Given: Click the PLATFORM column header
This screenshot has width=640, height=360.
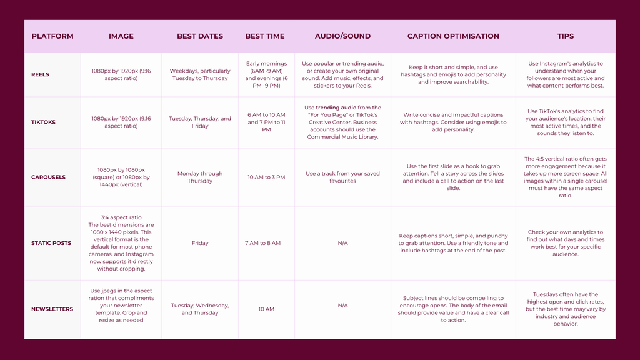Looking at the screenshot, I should pos(52,36).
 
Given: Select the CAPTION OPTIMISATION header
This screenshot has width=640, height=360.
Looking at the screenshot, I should pos(453,36).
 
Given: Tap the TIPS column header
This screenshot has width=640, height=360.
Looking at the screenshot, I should pos(566,36).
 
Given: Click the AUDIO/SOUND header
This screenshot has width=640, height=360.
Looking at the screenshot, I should pos(342,36).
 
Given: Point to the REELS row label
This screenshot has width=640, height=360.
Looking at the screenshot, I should pos(40,74).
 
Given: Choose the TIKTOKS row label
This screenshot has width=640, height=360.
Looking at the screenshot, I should pos(43,122).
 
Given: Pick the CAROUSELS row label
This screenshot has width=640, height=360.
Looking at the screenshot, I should pos(48,177).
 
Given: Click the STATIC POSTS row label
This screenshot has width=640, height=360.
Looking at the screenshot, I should pos(51,243).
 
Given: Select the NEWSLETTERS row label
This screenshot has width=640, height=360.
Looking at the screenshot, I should pos(52,309).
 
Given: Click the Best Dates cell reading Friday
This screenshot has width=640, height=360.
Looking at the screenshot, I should pos(200,243).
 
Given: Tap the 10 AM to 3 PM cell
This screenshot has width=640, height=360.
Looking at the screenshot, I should pos(266,177).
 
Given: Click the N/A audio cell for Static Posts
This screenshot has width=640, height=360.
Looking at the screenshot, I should pos(342,243).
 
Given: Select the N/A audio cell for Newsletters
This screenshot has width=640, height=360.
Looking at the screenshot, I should pos(342,306).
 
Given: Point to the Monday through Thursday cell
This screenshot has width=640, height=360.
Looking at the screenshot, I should pos(200,177).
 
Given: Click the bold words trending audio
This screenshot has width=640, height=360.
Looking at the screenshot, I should pos(336,107).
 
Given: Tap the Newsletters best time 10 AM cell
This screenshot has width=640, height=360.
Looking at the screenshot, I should pos(266,309).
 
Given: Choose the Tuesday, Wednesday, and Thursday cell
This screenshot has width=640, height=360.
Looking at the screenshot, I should pos(200,309).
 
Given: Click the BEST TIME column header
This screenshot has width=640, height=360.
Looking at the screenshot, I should pos(265,36).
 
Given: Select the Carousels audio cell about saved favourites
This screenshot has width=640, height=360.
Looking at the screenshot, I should pos(342,177).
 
